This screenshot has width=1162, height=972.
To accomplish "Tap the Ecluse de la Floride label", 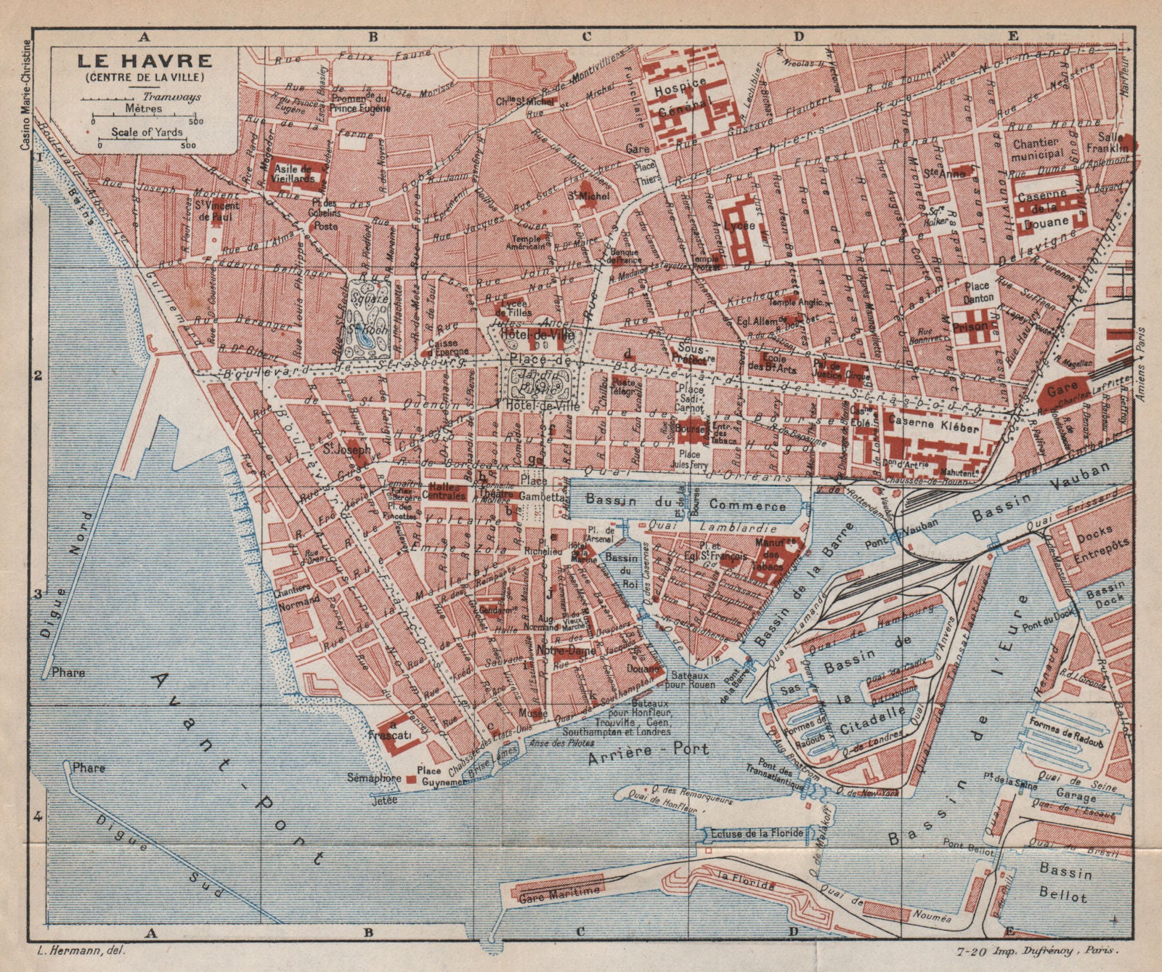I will pyautogui.click(x=757, y=833).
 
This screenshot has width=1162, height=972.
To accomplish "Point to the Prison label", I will pyautogui.click(x=972, y=326).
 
